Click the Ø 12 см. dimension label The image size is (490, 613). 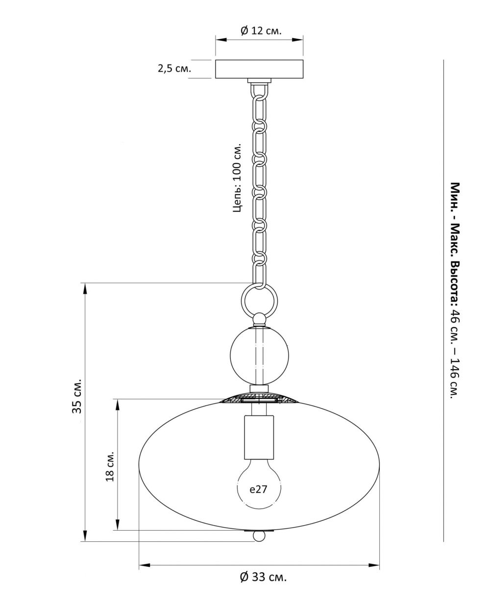pyautogui.click(x=261, y=31)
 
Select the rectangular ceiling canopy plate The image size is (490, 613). pyautogui.click(x=259, y=69)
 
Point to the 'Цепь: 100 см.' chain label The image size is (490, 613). pyautogui.click(x=237, y=178)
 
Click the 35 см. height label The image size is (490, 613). pyautogui.click(x=77, y=396)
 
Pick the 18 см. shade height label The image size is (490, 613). pyautogui.click(x=110, y=464)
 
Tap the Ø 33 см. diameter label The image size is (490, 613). pyautogui.click(x=263, y=577)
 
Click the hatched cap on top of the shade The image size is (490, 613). pyautogui.click(x=259, y=398)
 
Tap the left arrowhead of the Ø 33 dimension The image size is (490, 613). pyautogui.click(x=143, y=565)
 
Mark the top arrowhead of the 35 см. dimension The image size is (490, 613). pyautogui.click(x=85, y=287)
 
